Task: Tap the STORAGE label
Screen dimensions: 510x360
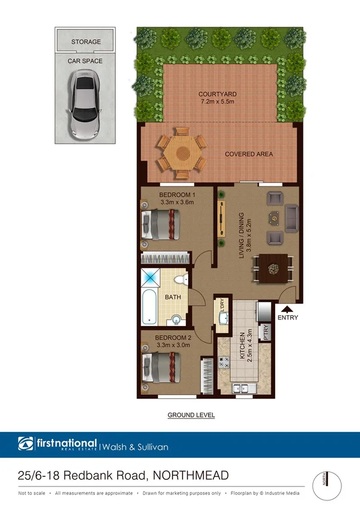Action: (86, 42)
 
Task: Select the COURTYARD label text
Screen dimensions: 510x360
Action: (218, 94)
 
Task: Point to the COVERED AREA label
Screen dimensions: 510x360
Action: (249, 155)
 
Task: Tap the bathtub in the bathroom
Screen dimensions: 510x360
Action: (148, 307)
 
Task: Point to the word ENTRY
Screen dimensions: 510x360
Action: (287, 318)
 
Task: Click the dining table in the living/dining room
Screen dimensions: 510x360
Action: (273, 266)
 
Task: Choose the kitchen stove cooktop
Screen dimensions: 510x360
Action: (224, 363)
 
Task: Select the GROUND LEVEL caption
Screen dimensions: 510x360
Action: (191, 415)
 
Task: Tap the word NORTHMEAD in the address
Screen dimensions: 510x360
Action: (191, 476)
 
